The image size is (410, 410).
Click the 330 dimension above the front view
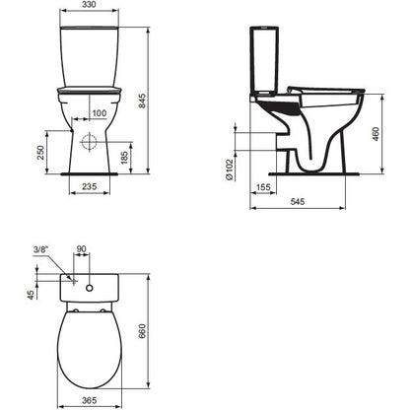pos(89,4)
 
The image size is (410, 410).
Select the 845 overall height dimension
pos(142,102)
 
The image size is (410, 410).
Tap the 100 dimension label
pos(100,113)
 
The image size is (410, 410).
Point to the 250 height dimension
pos(40,153)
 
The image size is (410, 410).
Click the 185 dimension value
pos(124,158)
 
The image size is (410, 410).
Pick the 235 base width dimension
pos(90,186)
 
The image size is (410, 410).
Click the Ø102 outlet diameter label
pos(230,170)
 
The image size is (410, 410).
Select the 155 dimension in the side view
pos(263,187)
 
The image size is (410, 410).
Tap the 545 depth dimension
pos(298,201)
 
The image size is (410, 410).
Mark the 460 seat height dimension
pos(376,134)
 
